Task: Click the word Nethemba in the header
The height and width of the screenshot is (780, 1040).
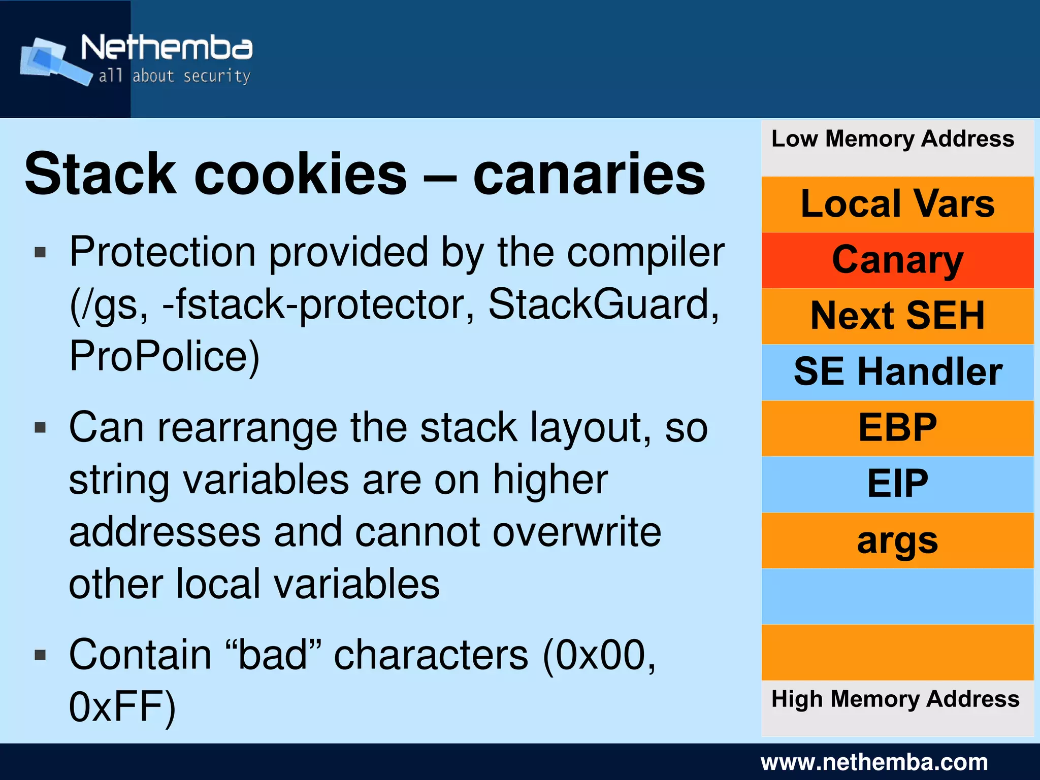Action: pyautogui.click(x=167, y=48)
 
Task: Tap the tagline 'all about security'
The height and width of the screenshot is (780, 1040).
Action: pyautogui.click(x=174, y=77)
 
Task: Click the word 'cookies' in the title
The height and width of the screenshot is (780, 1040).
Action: pyautogui.click(x=301, y=174)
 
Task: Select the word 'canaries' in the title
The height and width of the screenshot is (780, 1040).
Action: pyautogui.click(x=589, y=174)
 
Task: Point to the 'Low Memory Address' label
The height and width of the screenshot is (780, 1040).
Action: pyautogui.click(x=893, y=139)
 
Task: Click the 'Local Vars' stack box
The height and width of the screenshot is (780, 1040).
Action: pyautogui.click(x=897, y=205)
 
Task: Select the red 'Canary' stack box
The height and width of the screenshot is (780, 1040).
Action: pyautogui.click(x=897, y=260)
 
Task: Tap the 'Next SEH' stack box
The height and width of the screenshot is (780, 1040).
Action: pyautogui.click(x=897, y=316)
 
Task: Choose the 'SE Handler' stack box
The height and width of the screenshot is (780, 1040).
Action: pyautogui.click(x=897, y=372)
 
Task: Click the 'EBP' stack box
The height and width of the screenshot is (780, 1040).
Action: pyautogui.click(x=897, y=428)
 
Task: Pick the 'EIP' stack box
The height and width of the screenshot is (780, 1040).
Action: pyautogui.click(x=897, y=484)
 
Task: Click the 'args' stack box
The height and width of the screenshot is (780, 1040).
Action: pyautogui.click(x=897, y=540)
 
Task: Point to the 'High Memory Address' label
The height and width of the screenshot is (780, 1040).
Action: pyautogui.click(x=895, y=699)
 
